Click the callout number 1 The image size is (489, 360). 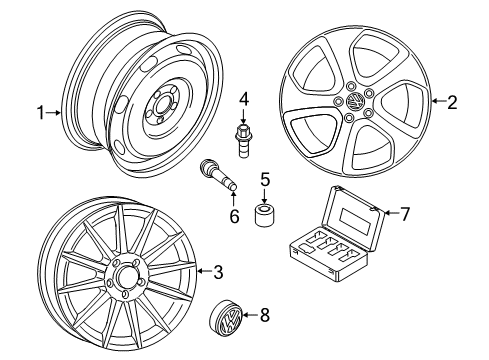pyautogui.click(x=41, y=113)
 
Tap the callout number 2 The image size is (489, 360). pyautogui.click(x=452, y=102)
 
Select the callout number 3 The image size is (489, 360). pyautogui.click(x=218, y=272)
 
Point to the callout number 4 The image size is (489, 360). pyautogui.click(x=244, y=99)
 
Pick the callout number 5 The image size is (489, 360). pyautogui.click(x=265, y=179)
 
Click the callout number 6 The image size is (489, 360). pyautogui.click(x=234, y=216)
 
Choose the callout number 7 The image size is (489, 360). pyautogui.click(x=404, y=214)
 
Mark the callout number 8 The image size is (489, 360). pyautogui.click(x=264, y=315)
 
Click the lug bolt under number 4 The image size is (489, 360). pyautogui.click(x=244, y=140)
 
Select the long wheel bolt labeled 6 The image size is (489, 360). pyautogui.click(x=218, y=175)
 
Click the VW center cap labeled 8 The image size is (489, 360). pyautogui.click(x=225, y=319)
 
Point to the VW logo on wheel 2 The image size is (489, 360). pyautogui.click(x=355, y=101)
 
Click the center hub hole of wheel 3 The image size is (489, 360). pyautogui.click(x=125, y=277)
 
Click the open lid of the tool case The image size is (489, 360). pyautogui.click(x=353, y=216)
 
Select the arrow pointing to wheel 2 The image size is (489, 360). pyautogui.click(x=438, y=101)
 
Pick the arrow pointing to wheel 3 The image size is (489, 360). pyautogui.click(x=205, y=271)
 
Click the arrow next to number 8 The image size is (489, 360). pyautogui.click(x=250, y=315)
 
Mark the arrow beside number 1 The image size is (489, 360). pyautogui.click(x=53, y=113)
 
